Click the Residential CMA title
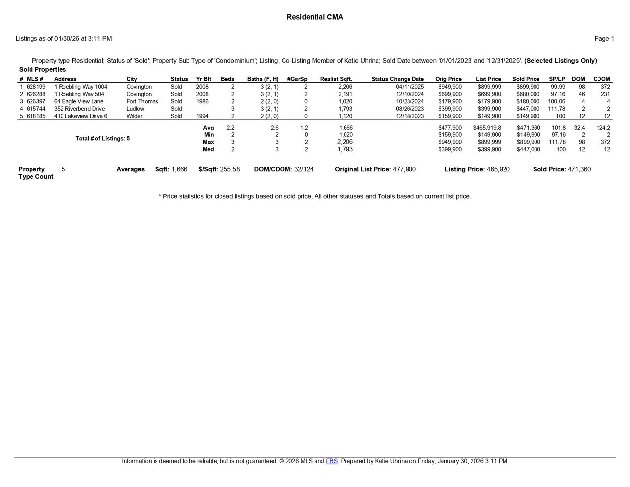tap(315, 17)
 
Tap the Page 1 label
tap(604, 39)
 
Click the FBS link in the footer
tap(331, 461)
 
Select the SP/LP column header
tap(557, 79)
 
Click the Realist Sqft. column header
tap(336, 79)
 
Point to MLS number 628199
tap(36, 87)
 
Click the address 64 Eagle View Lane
tap(79, 101)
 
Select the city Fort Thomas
tap(142, 101)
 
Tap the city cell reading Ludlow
tap(135, 109)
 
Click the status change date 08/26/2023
tap(409, 109)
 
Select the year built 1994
tap(202, 116)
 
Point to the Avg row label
tap(208, 128)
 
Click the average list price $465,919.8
tap(487, 128)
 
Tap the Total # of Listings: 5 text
tap(103, 139)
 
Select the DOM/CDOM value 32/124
tap(304, 169)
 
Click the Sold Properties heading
tap(42, 70)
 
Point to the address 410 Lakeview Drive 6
tap(81, 116)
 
